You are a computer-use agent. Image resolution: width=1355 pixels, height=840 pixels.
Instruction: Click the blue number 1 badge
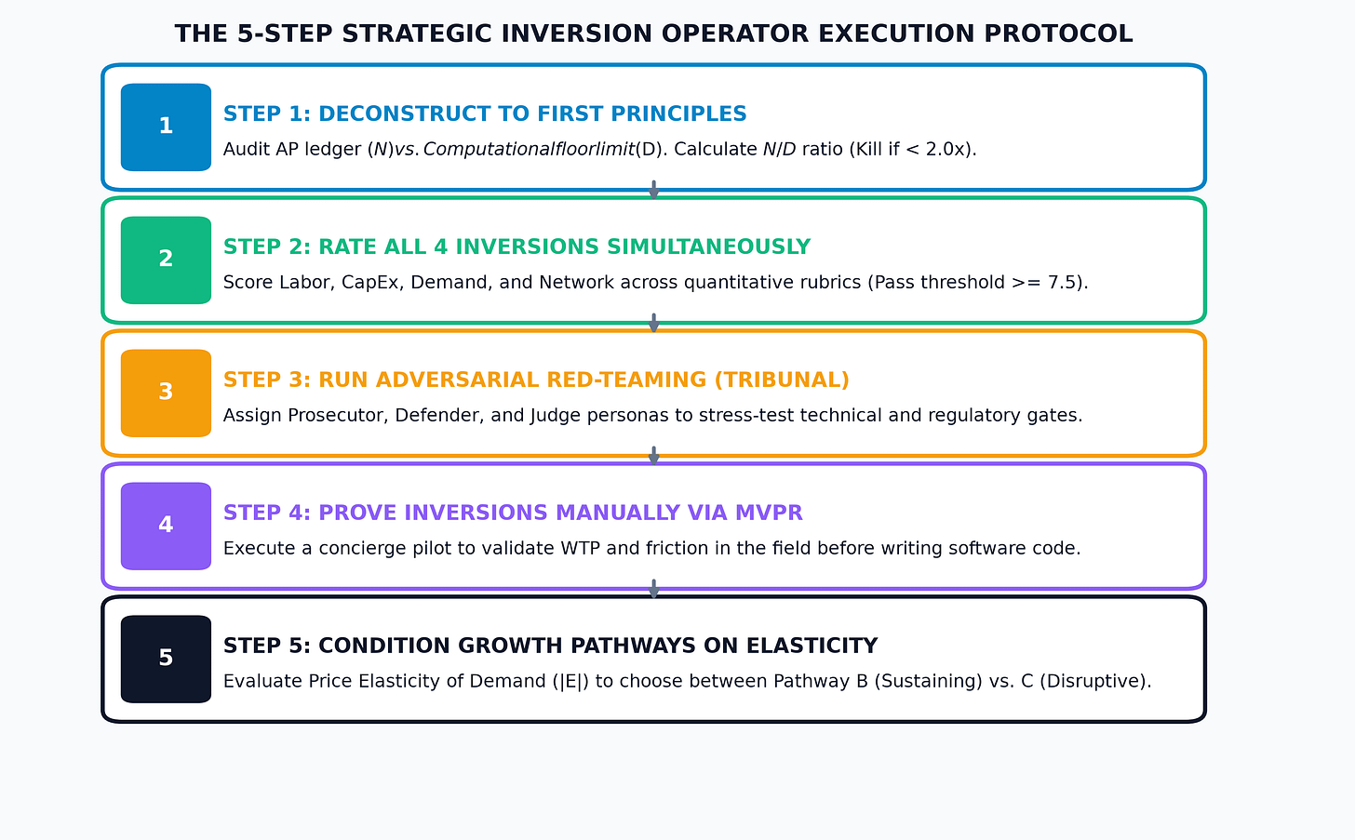tap(166, 127)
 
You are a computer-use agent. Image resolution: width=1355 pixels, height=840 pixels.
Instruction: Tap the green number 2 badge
tap(166, 260)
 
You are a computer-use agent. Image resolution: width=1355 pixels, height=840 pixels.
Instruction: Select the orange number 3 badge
tap(166, 393)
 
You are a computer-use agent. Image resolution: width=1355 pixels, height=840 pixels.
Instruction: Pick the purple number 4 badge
tap(166, 527)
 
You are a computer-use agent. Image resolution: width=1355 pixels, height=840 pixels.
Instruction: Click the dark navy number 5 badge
tap(166, 660)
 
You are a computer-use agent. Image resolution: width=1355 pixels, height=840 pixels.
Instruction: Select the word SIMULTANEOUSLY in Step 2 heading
tap(708, 247)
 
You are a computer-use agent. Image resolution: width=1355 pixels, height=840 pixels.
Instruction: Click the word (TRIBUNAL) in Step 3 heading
tap(782, 380)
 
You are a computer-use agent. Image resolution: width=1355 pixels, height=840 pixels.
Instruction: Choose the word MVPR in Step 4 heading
tap(769, 513)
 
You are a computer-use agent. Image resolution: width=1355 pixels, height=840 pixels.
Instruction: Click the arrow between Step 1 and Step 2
tap(654, 189)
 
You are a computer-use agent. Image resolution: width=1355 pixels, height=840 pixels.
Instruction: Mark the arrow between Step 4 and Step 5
tap(654, 589)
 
